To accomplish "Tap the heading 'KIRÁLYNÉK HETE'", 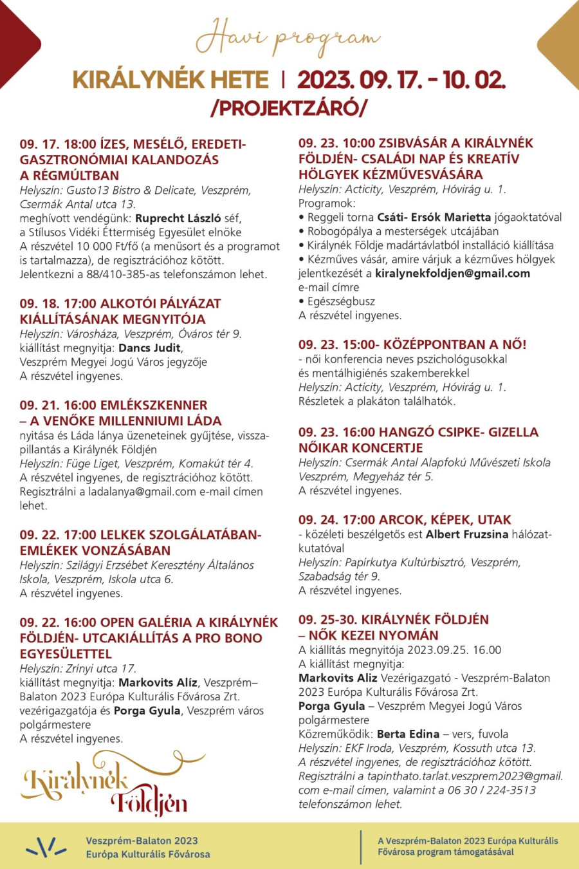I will [170, 80].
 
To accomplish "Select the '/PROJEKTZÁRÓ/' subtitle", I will [289, 107].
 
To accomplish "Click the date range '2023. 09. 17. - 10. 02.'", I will [401, 80].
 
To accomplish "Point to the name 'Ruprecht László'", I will [178, 218].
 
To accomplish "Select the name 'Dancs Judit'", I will [150, 348].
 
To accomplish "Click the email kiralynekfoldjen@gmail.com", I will [452, 273].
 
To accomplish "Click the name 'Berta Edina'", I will [409, 734].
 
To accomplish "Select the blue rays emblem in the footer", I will [46, 846].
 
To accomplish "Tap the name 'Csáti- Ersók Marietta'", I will [434, 217].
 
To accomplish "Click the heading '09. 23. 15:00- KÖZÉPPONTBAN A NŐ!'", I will [412, 344].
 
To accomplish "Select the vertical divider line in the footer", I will [361, 846].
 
